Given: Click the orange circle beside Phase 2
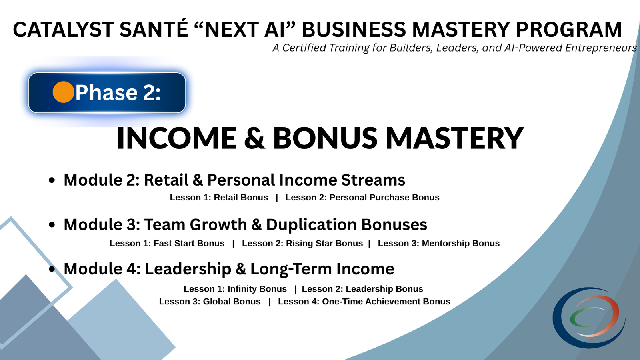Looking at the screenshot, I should coord(63,92).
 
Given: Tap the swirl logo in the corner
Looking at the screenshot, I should coord(589,317).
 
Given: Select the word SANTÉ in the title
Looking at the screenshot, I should coord(154,30).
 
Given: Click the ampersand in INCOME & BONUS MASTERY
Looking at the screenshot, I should coord(254,138).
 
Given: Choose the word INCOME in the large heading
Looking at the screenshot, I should coord(176,138).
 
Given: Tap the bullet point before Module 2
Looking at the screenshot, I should coord(52,180).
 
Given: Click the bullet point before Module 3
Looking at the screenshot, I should coord(52,225).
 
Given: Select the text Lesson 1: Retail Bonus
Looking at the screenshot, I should coord(219,198).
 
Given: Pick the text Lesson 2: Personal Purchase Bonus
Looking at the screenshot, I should coord(362,198).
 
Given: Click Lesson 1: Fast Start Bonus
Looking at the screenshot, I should coord(167,244).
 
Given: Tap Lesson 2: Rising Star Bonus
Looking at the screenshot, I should coord(302,244).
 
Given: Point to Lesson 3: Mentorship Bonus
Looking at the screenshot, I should coord(439,244).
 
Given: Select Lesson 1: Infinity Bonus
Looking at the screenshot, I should coord(235,289).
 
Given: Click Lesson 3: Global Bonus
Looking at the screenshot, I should coord(210,302).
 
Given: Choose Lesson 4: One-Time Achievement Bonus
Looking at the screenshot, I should coord(364,302).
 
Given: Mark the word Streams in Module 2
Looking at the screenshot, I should coord(373,180).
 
